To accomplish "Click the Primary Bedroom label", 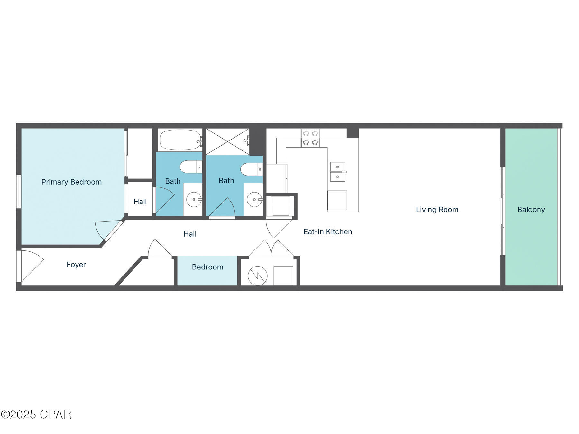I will (71, 182).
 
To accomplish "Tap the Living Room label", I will (437, 210).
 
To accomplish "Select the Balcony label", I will (531, 210).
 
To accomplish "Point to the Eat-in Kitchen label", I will (327, 232).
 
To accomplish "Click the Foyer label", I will (76, 265).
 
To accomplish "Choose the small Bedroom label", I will (207, 267).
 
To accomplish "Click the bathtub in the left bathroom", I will (180, 140).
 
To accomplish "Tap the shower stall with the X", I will (227, 142).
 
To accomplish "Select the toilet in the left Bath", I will (190, 167).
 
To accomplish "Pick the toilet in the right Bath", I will (251, 169).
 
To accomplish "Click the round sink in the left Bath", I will (194, 200).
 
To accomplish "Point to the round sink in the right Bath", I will (254, 200).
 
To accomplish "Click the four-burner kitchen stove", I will (310, 138).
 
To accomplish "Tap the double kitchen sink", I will (337, 172).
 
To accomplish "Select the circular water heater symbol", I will (258, 276).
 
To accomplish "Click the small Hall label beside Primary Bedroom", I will (140, 202).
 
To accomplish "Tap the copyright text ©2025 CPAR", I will (36, 414).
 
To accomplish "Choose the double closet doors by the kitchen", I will (271, 249).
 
